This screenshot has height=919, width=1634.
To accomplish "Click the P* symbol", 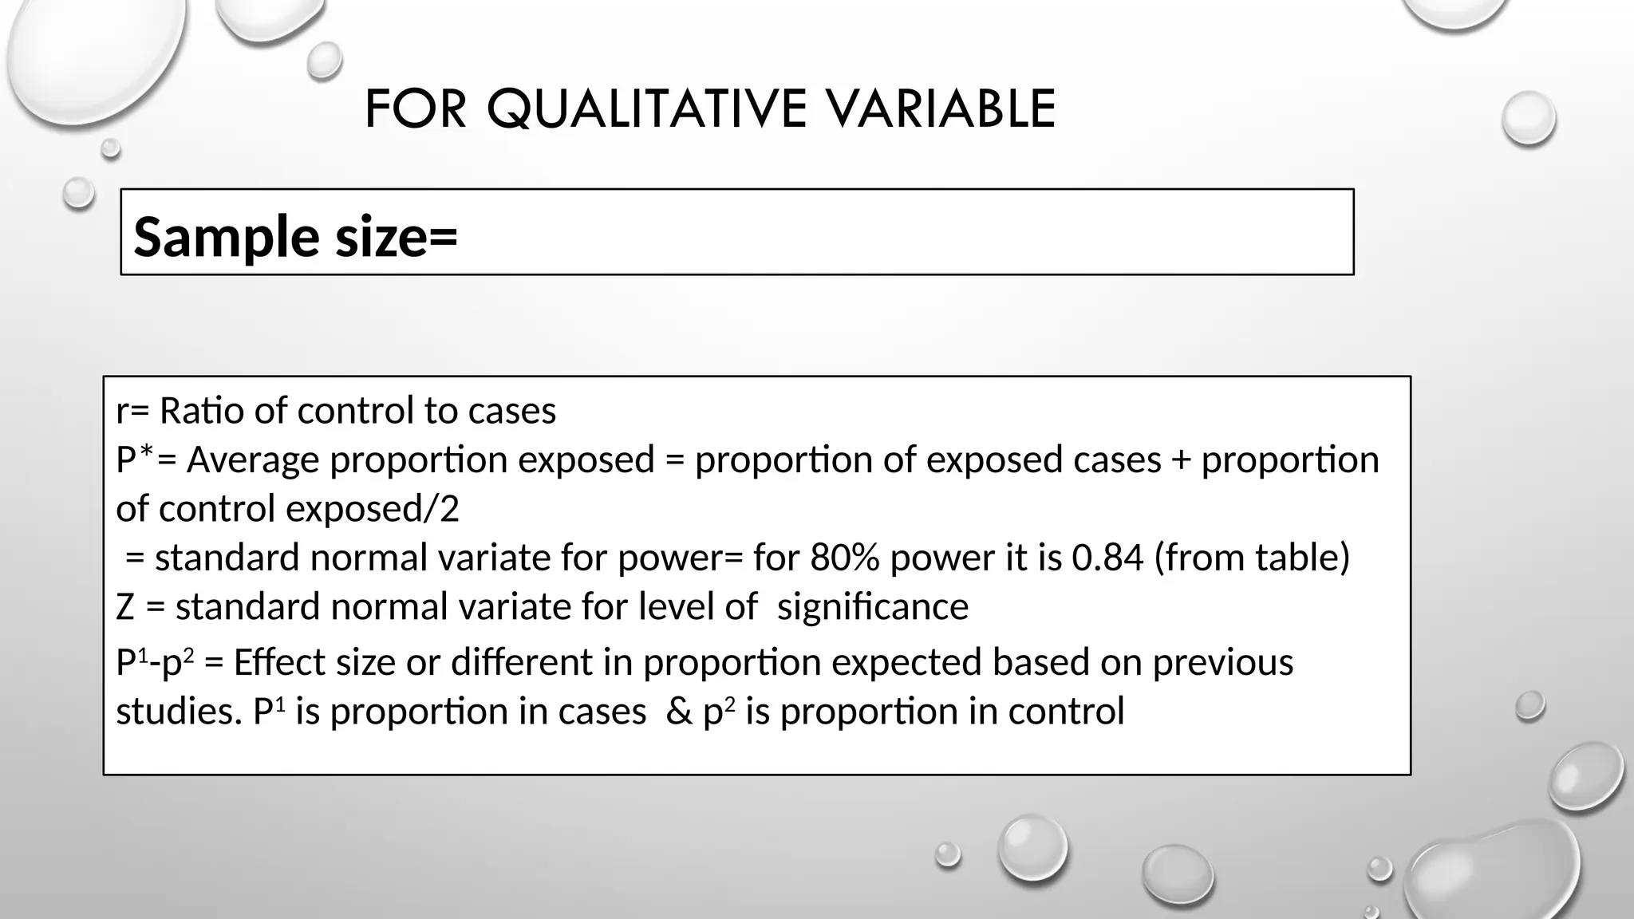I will pyautogui.click(x=135, y=459).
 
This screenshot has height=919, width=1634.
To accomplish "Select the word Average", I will pyautogui.click(x=253, y=460).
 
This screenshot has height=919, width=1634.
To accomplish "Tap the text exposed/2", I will pyautogui.click(x=372, y=509).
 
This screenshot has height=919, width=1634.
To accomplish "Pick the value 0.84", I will pyautogui.click(x=1107, y=558).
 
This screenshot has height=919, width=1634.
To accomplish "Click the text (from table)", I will pyautogui.click(x=1252, y=558).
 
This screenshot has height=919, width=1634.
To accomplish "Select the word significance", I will pyautogui.click(x=873, y=606).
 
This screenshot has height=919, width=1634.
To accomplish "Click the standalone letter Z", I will pyautogui.click(x=125, y=607).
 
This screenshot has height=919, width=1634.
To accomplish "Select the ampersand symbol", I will pyautogui.click(x=678, y=712).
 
